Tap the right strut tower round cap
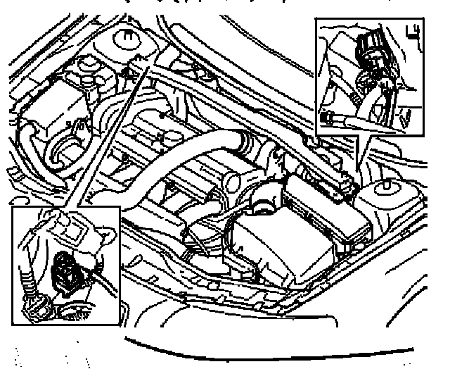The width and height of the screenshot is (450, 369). point(386,189)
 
